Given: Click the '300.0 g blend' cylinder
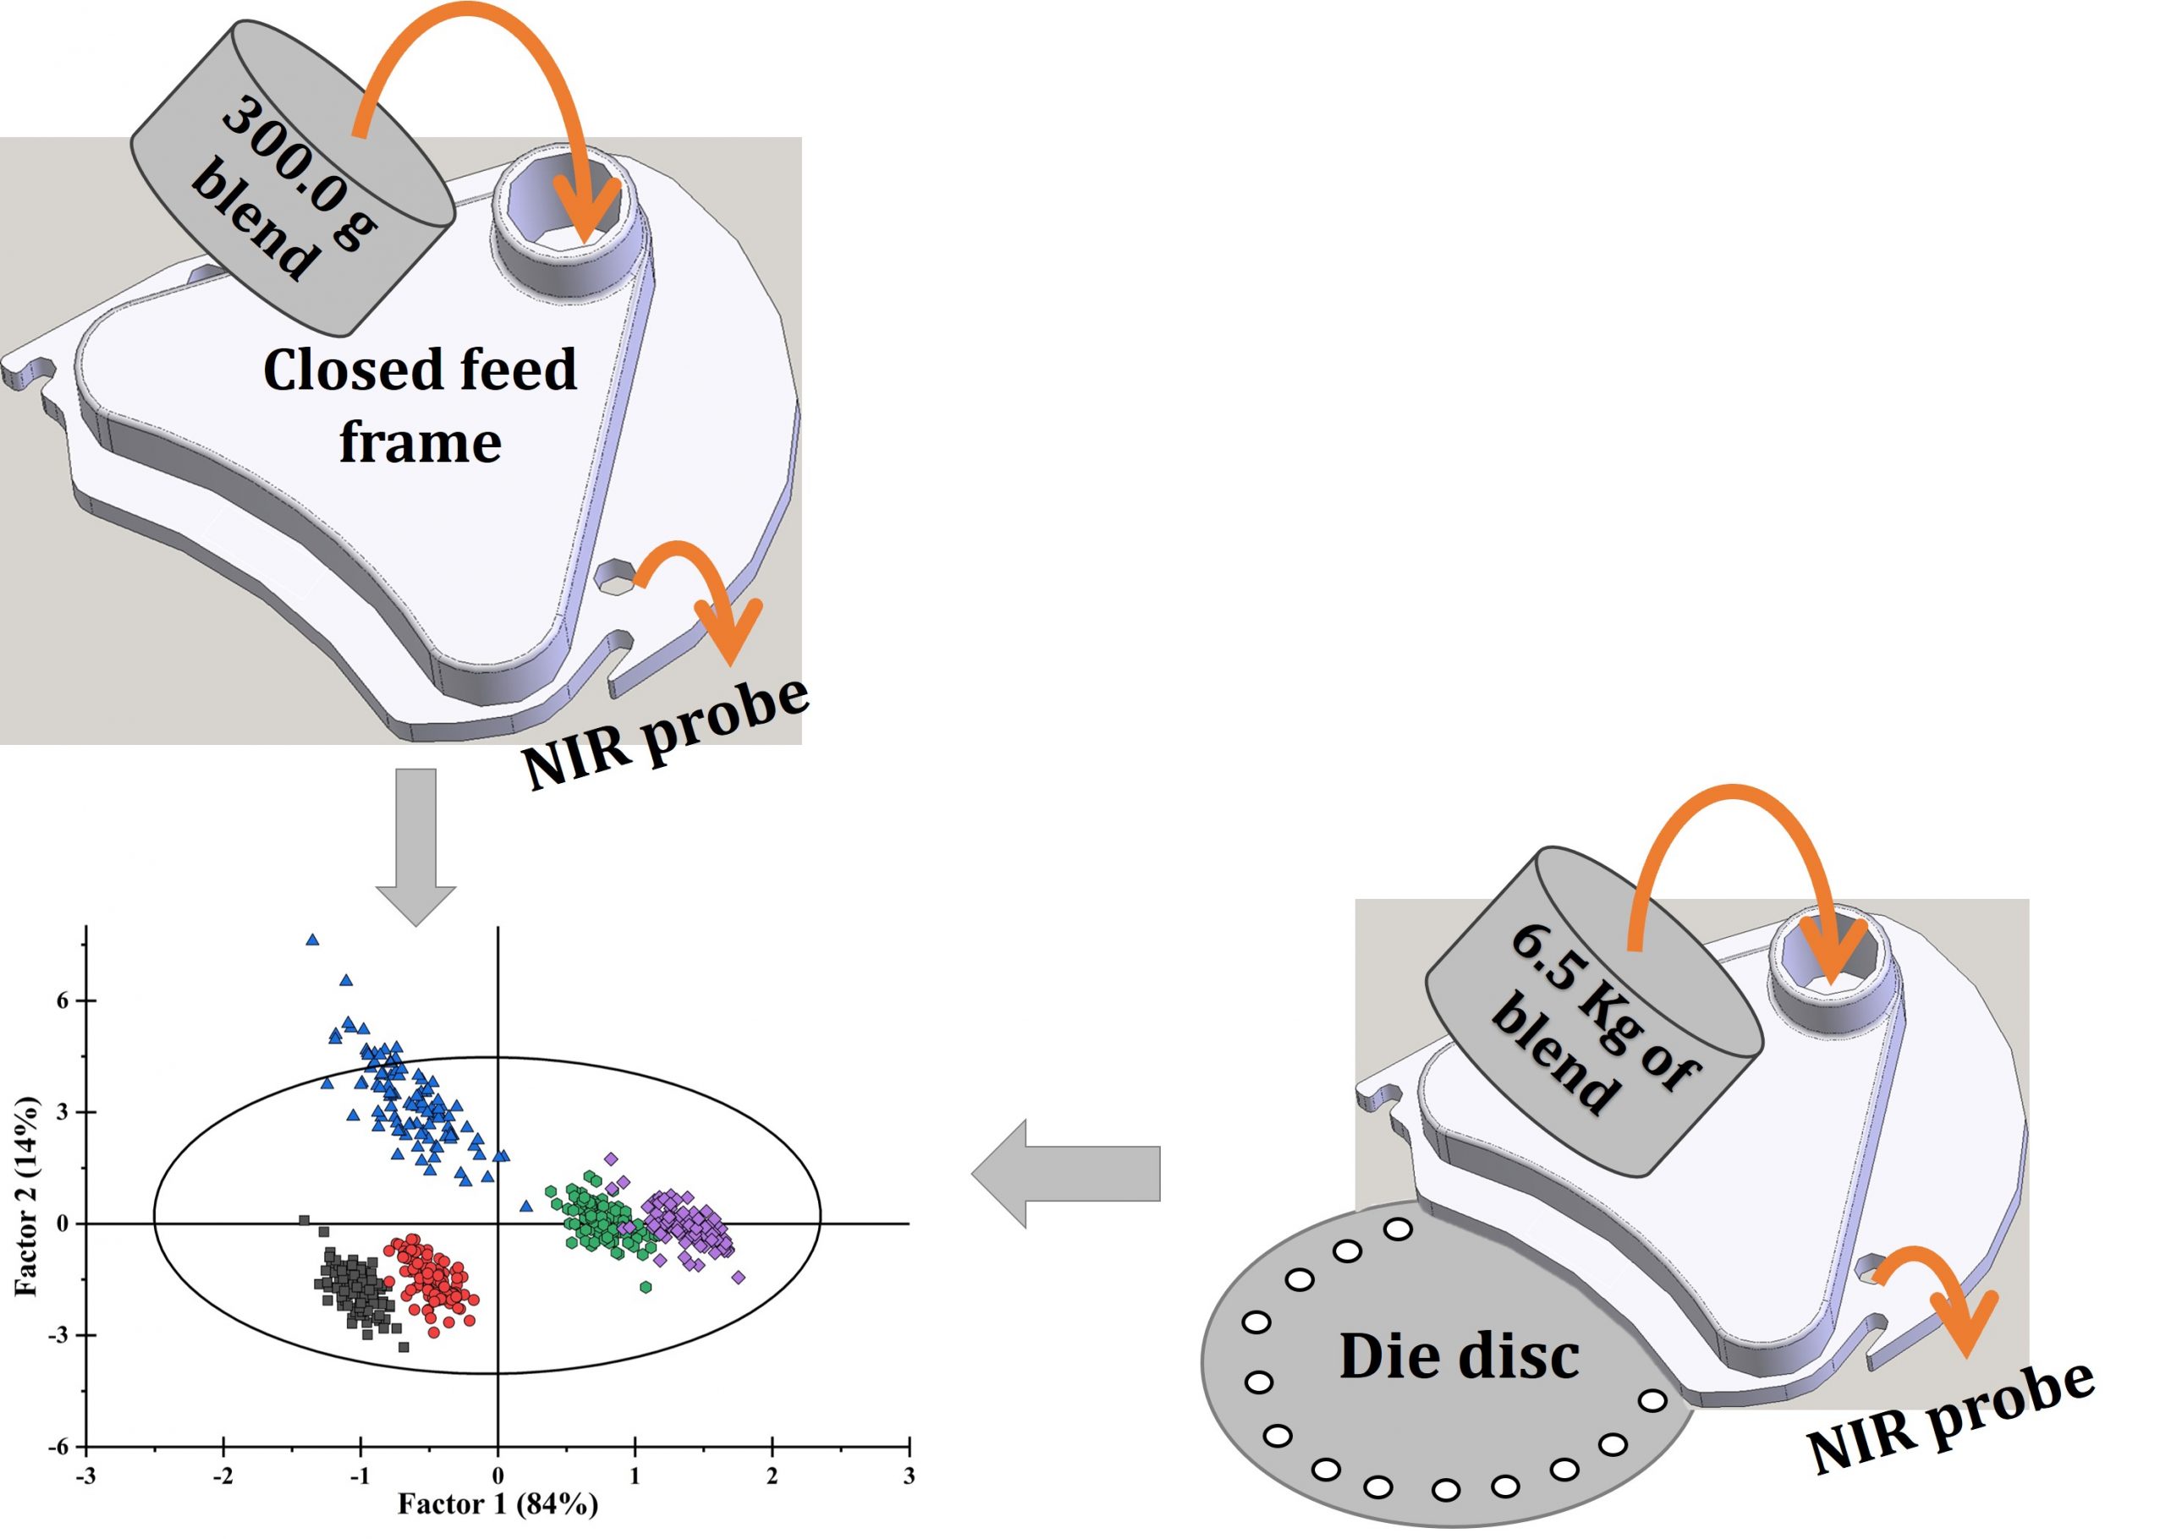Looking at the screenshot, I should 284,180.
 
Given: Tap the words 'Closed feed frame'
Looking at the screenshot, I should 419,406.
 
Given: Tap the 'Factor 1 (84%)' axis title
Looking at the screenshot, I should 497,1504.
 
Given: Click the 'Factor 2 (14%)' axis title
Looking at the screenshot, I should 25,1197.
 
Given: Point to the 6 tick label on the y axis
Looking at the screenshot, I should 63,1000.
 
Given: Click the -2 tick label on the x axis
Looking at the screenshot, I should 223,1476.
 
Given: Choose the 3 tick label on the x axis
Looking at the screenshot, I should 908,1476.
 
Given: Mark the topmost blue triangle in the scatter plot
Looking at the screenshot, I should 312,940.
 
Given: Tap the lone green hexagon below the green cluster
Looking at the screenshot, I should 646,1287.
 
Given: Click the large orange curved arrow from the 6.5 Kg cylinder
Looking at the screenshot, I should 1734,853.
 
